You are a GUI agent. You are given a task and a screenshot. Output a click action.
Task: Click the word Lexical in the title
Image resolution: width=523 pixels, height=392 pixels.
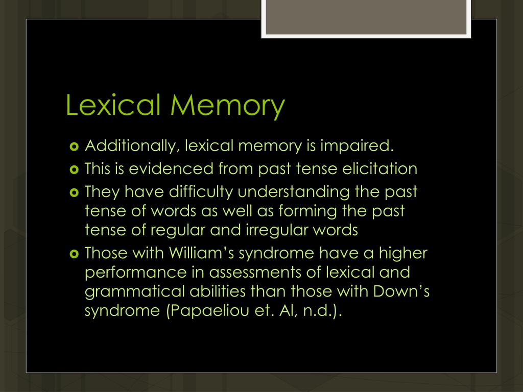(x=114, y=105)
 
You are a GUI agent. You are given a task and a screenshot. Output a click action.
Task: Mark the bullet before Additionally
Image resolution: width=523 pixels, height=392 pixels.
(x=73, y=146)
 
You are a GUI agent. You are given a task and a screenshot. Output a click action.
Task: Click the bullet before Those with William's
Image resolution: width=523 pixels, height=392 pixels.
(x=73, y=253)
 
